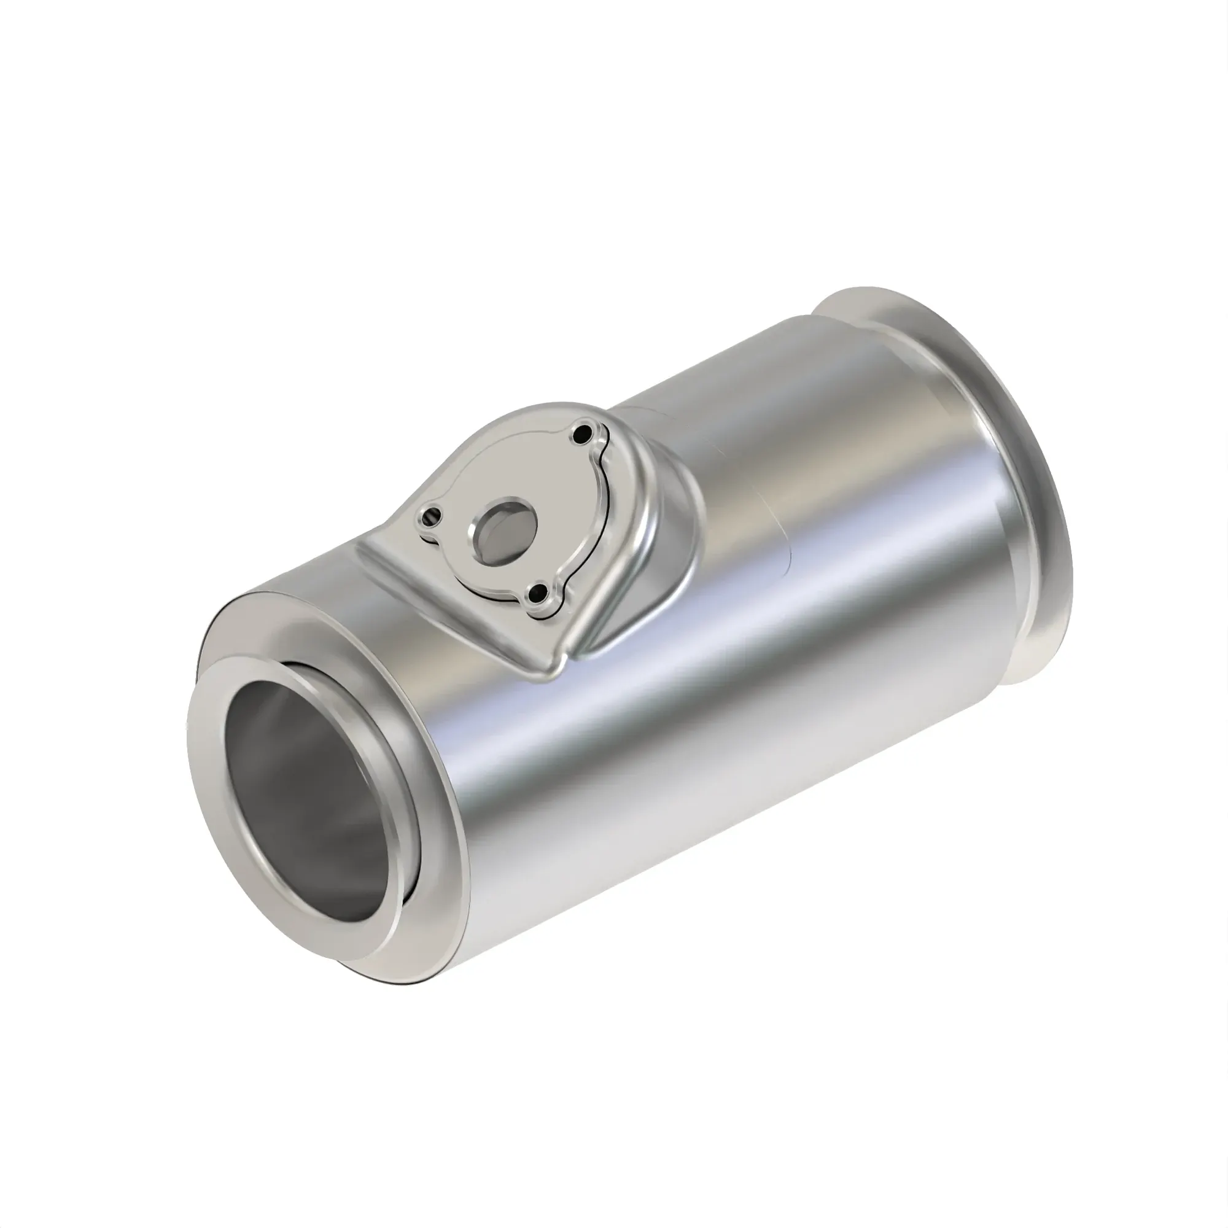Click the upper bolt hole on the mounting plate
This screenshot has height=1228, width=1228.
coord(581,435)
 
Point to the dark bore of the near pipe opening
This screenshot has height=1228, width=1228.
coord(299,795)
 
